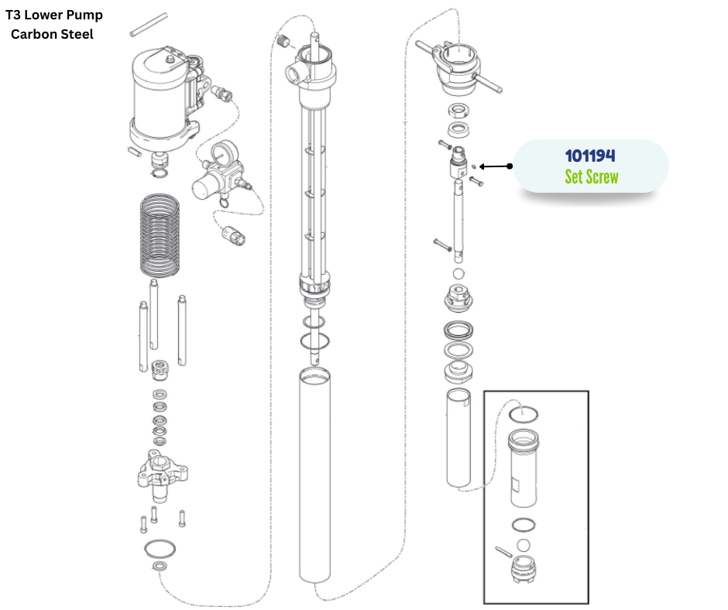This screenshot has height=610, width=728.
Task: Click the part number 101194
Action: click(x=590, y=156)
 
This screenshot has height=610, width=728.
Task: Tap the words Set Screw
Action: click(x=592, y=176)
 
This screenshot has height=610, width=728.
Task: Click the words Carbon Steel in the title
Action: click(x=52, y=34)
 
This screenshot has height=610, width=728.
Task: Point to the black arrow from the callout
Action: click(x=496, y=166)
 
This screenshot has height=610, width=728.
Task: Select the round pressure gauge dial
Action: click(x=225, y=152)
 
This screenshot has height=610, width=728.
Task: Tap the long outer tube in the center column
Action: click(x=314, y=474)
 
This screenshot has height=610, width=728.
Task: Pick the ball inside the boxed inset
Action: click(x=524, y=545)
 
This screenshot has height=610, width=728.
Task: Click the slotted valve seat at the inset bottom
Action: click(x=524, y=569)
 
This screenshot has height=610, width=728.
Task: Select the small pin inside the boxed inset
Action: click(x=503, y=551)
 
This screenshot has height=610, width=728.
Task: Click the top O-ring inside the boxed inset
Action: click(x=524, y=406)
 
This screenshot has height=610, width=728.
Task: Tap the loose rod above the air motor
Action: click(x=149, y=25)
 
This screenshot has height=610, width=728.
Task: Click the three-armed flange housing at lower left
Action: click(x=162, y=476)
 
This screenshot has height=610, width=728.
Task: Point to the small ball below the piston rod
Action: click(x=458, y=273)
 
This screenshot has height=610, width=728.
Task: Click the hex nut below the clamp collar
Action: click(x=458, y=111)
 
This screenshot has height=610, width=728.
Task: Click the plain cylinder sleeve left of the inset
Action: click(x=458, y=439)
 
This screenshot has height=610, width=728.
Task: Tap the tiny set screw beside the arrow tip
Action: click(x=473, y=166)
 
